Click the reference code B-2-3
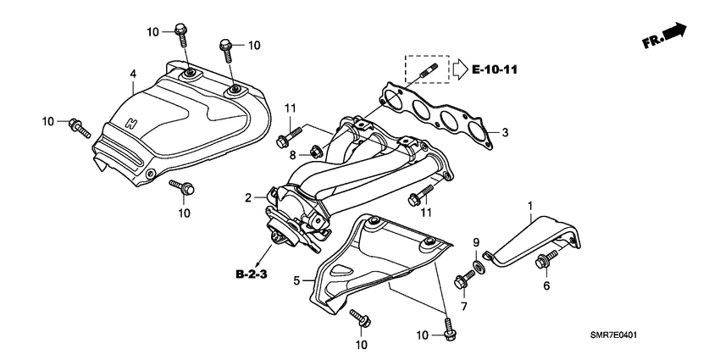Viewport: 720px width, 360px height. click(x=252, y=274)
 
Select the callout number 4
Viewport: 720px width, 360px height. click(x=133, y=75)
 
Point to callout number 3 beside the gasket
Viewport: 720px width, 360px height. click(x=505, y=133)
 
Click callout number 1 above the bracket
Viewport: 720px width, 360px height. click(x=531, y=206)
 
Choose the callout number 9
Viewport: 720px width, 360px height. click(x=476, y=242)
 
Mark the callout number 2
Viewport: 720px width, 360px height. click(x=250, y=197)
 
